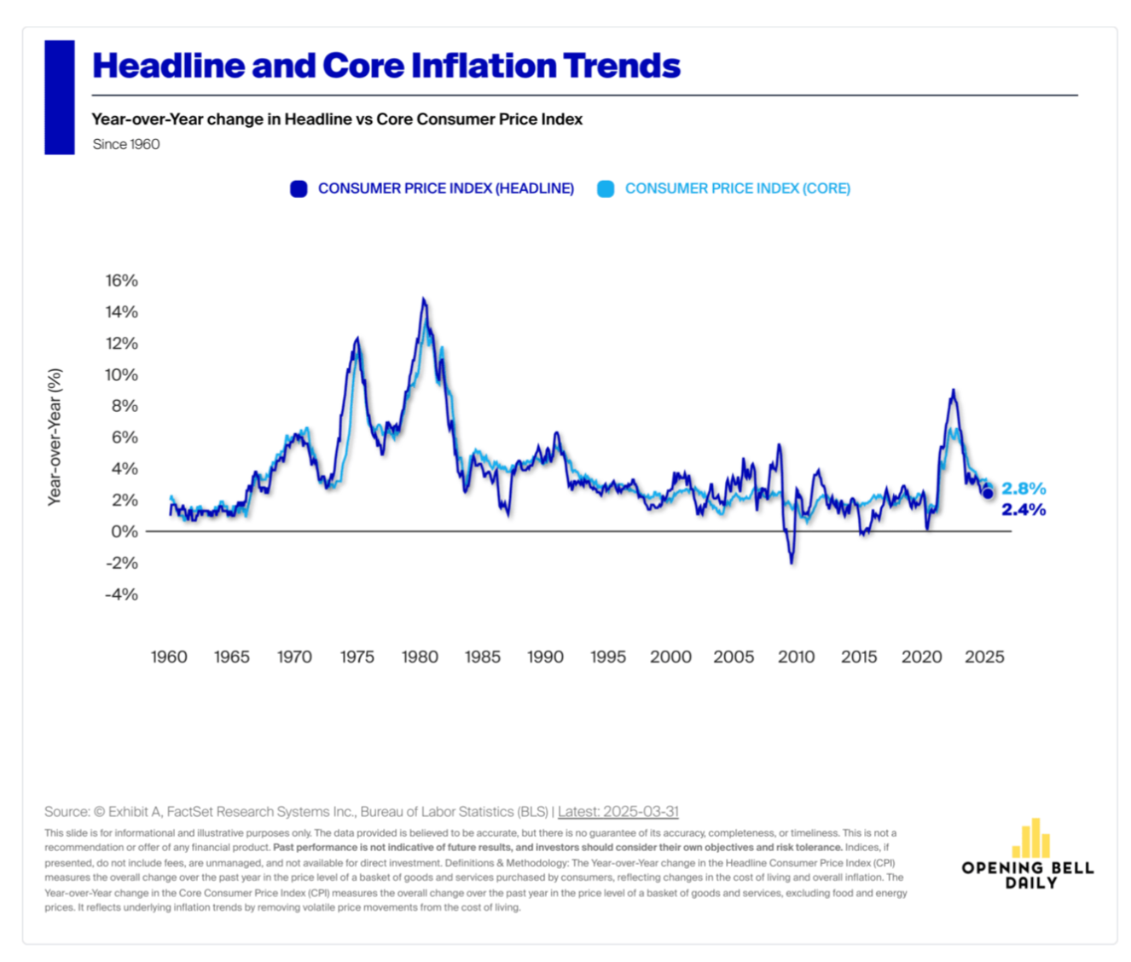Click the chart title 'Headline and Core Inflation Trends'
coord(386,66)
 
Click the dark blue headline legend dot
coord(299,189)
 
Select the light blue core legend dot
coord(606,189)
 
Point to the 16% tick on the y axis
coord(121,281)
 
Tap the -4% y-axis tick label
coord(121,594)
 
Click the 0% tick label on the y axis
coord(124,531)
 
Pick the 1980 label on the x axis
coord(420,657)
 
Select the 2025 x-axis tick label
coord(984,657)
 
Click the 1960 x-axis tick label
coord(169,657)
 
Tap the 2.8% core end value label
coord(1024,489)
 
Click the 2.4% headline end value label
coord(1024,510)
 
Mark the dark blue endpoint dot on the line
coord(988,494)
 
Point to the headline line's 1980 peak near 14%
coord(423,299)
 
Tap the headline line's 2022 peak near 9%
coord(953,391)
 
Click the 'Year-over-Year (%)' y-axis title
coord(55,437)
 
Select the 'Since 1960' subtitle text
coord(126,144)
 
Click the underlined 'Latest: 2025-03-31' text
coord(618,812)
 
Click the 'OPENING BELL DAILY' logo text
coord(1028,875)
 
